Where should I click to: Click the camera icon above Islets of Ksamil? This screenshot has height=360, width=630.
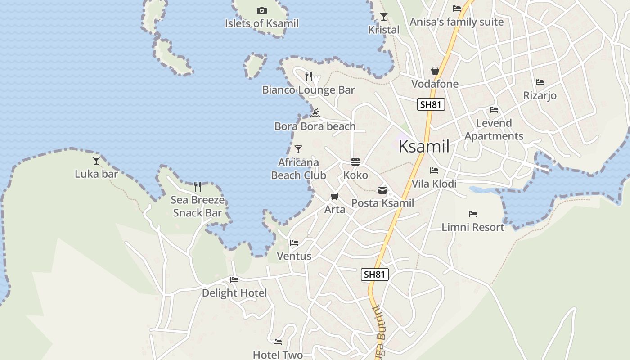point(261,10)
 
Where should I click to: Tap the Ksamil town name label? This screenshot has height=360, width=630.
point(424,146)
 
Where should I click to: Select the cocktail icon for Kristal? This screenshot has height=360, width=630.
point(383,17)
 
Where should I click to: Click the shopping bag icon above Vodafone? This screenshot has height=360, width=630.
point(435,71)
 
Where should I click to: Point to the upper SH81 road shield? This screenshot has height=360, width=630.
point(431,105)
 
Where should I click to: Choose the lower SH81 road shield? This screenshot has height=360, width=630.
point(374,274)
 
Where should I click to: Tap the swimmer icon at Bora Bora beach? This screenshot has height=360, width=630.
point(315,112)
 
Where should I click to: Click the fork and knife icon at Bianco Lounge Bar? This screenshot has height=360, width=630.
point(309,76)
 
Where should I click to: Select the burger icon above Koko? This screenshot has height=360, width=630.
point(355,162)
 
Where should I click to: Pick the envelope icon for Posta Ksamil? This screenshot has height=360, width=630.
point(382,190)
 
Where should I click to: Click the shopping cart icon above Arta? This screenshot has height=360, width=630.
point(334,196)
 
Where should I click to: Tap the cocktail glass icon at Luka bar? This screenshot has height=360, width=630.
point(96,160)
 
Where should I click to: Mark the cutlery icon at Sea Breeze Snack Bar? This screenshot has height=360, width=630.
point(197,186)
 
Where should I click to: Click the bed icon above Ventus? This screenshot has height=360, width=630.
point(294,243)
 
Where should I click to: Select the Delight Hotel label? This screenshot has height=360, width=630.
point(234,293)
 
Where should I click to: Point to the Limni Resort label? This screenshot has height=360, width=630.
point(473,227)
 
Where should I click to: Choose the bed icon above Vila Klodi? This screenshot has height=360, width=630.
point(434,171)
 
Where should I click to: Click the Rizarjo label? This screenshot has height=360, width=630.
point(540,96)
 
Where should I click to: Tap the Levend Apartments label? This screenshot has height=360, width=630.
point(494,130)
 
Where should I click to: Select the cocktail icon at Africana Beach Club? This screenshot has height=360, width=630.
point(298,149)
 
